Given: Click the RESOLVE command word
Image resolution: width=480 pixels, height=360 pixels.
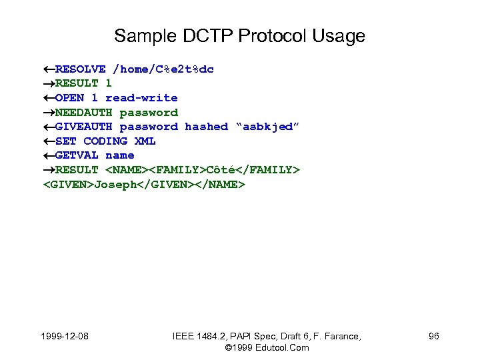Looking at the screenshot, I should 80,69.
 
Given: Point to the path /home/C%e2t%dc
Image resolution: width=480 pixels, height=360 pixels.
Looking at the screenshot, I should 163,69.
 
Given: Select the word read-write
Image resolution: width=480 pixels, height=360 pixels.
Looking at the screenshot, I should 141,98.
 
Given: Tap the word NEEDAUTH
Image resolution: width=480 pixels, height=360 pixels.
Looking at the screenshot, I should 83,113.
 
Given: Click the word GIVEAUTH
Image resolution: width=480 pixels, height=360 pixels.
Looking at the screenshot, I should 83,127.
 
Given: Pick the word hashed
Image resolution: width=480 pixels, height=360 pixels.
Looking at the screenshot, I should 206,127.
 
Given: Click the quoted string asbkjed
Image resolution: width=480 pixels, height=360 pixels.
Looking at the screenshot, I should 265,127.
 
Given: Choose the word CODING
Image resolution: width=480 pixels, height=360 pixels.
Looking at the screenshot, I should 105,141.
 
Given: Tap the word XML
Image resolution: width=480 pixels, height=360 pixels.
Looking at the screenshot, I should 145,141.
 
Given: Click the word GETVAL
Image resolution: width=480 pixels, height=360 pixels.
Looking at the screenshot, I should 77,155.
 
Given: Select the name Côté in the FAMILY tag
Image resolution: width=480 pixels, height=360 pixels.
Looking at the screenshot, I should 221,170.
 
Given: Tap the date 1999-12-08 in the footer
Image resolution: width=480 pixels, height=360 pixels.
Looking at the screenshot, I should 64,337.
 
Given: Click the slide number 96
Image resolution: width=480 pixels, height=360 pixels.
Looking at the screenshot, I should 433,337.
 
